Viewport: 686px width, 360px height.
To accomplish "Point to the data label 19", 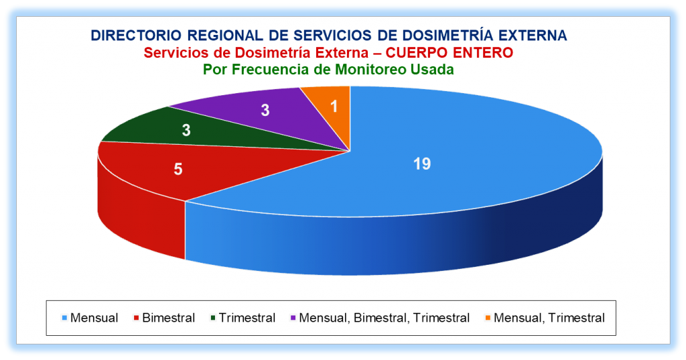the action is click(422, 164).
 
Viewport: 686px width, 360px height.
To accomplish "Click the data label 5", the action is click(178, 169).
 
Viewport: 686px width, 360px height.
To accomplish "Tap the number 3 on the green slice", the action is click(186, 130).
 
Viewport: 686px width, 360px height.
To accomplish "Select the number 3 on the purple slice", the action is click(265, 110).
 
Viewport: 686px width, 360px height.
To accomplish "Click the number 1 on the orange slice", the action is click(334, 106).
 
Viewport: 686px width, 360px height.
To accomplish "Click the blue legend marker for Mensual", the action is click(65, 318).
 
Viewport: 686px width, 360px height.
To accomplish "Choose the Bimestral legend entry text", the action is click(168, 318).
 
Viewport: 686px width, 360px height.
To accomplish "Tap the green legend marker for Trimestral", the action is click(213, 318).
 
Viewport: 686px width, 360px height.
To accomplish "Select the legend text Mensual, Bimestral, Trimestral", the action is click(384, 318).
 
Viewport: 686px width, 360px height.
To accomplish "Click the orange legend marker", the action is click(488, 318).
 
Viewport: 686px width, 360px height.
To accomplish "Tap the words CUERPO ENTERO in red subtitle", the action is click(450, 52).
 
